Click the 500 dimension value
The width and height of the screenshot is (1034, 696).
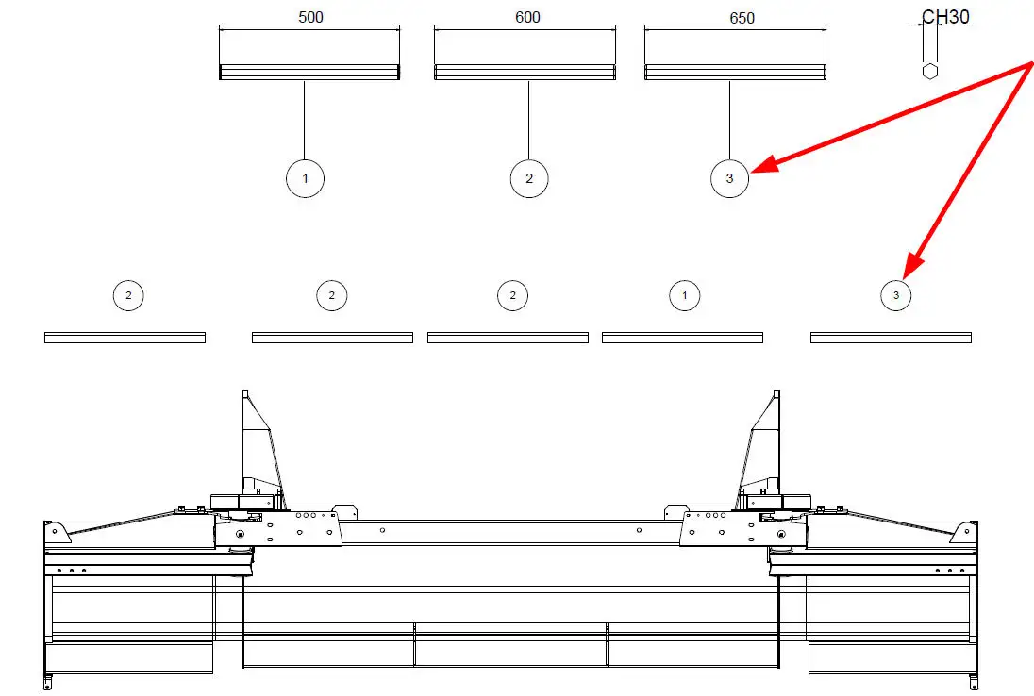pyautogui.click(x=310, y=17)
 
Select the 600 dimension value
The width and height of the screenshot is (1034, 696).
pyautogui.click(x=527, y=17)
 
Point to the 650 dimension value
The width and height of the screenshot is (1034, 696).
pyautogui.click(x=742, y=18)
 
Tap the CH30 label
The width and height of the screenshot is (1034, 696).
pyautogui.click(x=945, y=16)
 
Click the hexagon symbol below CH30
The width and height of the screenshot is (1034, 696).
pyautogui.click(x=930, y=71)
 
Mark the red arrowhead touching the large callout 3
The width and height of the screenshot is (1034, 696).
pyautogui.click(x=765, y=164)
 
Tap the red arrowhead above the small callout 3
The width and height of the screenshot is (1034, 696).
pyautogui.click(x=913, y=266)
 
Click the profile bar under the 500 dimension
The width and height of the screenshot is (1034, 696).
pyautogui.click(x=309, y=72)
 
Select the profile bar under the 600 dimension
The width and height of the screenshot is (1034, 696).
pyautogui.click(x=525, y=72)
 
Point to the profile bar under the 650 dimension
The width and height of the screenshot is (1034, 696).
pyautogui.click(x=735, y=72)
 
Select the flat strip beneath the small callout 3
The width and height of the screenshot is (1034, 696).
pyautogui.click(x=891, y=338)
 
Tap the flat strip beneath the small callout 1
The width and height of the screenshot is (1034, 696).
pyautogui.click(x=682, y=338)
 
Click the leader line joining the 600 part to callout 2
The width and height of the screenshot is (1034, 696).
pyautogui.click(x=529, y=120)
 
